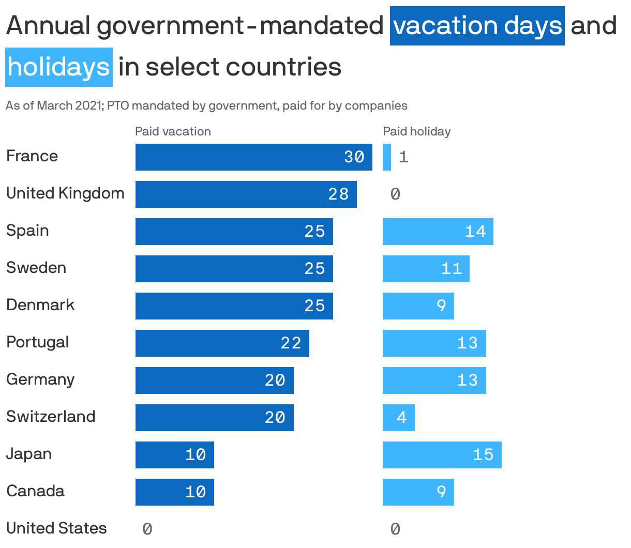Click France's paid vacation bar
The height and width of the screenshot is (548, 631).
pyautogui.click(x=253, y=157)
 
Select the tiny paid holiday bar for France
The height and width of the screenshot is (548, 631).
pyautogui.click(x=386, y=157)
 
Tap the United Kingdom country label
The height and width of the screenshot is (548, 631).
pyautogui.click(x=65, y=193)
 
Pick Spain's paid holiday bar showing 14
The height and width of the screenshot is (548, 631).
pyautogui.click(x=438, y=232)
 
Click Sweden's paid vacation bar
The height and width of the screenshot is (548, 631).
pyautogui.click(x=234, y=269)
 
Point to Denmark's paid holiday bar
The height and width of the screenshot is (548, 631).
pyautogui.click(x=418, y=306)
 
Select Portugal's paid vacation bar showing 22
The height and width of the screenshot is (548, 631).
pyautogui.click(x=222, y=343)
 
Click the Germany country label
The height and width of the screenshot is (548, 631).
pyautogui.click(x=40, y=379)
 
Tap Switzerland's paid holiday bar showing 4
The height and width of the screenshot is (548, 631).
pyautogui.click(x=398, y=418)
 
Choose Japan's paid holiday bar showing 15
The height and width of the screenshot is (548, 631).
pyautogui.click(x=442, y=455)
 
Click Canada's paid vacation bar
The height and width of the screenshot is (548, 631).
pyautogui.click(x=174, y=492)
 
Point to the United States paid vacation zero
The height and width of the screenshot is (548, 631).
pyautogui.click(x=147, y=529)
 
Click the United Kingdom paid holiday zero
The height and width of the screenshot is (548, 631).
pyautogui.click(x=395, y=194)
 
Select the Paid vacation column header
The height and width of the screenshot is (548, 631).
pyautogui.click(x=173, y=131)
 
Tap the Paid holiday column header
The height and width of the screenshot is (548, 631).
pyautogui.click(x=416, y=131)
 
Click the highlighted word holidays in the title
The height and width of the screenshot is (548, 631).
pyautogui.click(x=59, y=67)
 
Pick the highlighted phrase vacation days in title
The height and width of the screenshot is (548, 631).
pyautogui.click(x=477, y=26)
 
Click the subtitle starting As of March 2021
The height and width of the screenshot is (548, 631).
pyautogui.click(x=206, y=105)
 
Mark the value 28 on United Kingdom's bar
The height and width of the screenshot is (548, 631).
pyautogui.click(x=338, y=194)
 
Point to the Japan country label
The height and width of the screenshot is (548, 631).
pyautogui.click(x=29, y=454)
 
